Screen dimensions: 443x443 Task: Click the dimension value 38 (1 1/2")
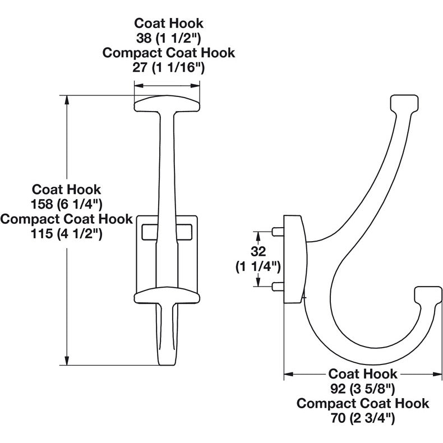tap(168, 38)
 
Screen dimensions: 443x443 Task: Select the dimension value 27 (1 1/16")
tap(168, 68)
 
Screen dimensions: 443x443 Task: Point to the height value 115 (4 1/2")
tap(67, 233)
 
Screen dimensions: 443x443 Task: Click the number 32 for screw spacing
tap(258, 251)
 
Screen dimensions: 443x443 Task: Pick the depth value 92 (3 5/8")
tap(363, 388)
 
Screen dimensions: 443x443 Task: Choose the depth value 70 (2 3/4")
tap(363, 418)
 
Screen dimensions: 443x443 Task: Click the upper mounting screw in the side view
tap(277, 230)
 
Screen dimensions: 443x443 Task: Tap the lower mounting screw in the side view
tap(277, 287)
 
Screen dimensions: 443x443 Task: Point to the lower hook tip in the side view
tap(428, 295)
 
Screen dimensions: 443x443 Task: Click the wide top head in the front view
tap(167, 104)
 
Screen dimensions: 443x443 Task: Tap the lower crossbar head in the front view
tap(167, 295)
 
